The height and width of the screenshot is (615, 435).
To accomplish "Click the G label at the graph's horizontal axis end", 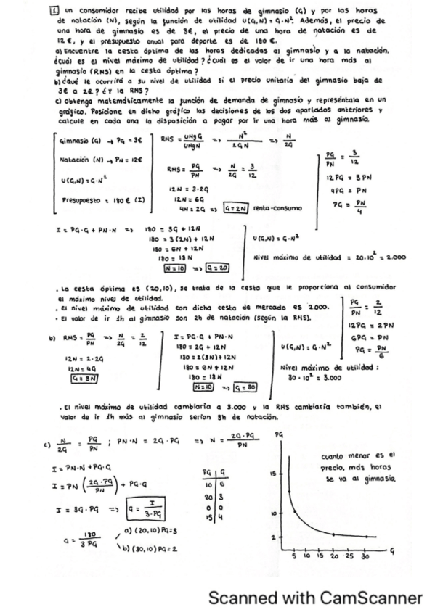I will coord(391,551).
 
